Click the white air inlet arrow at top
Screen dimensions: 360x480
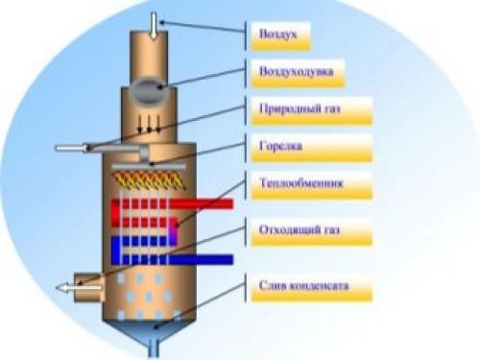[156, 22]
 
